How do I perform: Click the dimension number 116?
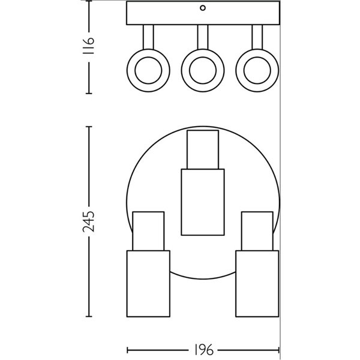[89, 46]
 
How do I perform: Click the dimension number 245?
[89, 221]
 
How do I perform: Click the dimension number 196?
[203, 350]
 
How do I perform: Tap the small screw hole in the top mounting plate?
[203, 8]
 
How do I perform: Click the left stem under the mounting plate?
[148, 37]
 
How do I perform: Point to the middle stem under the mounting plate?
[203, 37]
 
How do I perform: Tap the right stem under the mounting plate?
[257, 37]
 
